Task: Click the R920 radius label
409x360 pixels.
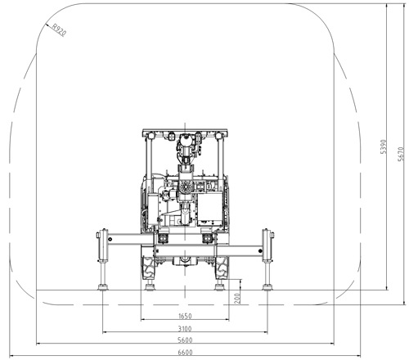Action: point(59,30)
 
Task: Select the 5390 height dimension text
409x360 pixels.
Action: point(384,146)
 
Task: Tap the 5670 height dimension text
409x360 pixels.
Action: point(401,154)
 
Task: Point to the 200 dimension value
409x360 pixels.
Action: point(237,299)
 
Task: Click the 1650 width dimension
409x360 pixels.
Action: point(185,316)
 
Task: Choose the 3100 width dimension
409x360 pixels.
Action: point(185,329)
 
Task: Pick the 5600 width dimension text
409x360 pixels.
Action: point(185,340)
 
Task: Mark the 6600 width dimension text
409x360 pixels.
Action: point(185,353)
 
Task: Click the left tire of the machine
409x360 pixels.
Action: point(148,268)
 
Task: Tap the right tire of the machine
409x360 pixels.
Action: point(222,268)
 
